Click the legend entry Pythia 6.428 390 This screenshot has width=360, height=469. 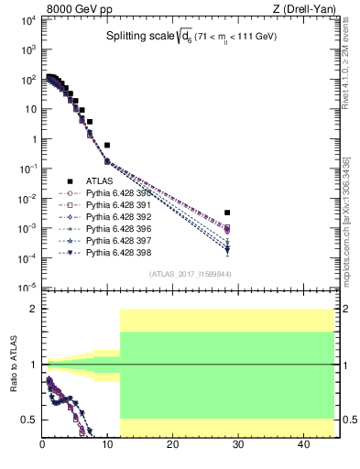[109, 194]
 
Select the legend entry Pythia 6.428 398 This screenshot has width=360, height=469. [109, 251]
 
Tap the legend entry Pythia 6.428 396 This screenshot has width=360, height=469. [109, 228]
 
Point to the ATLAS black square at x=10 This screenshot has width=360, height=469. [107, 145]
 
